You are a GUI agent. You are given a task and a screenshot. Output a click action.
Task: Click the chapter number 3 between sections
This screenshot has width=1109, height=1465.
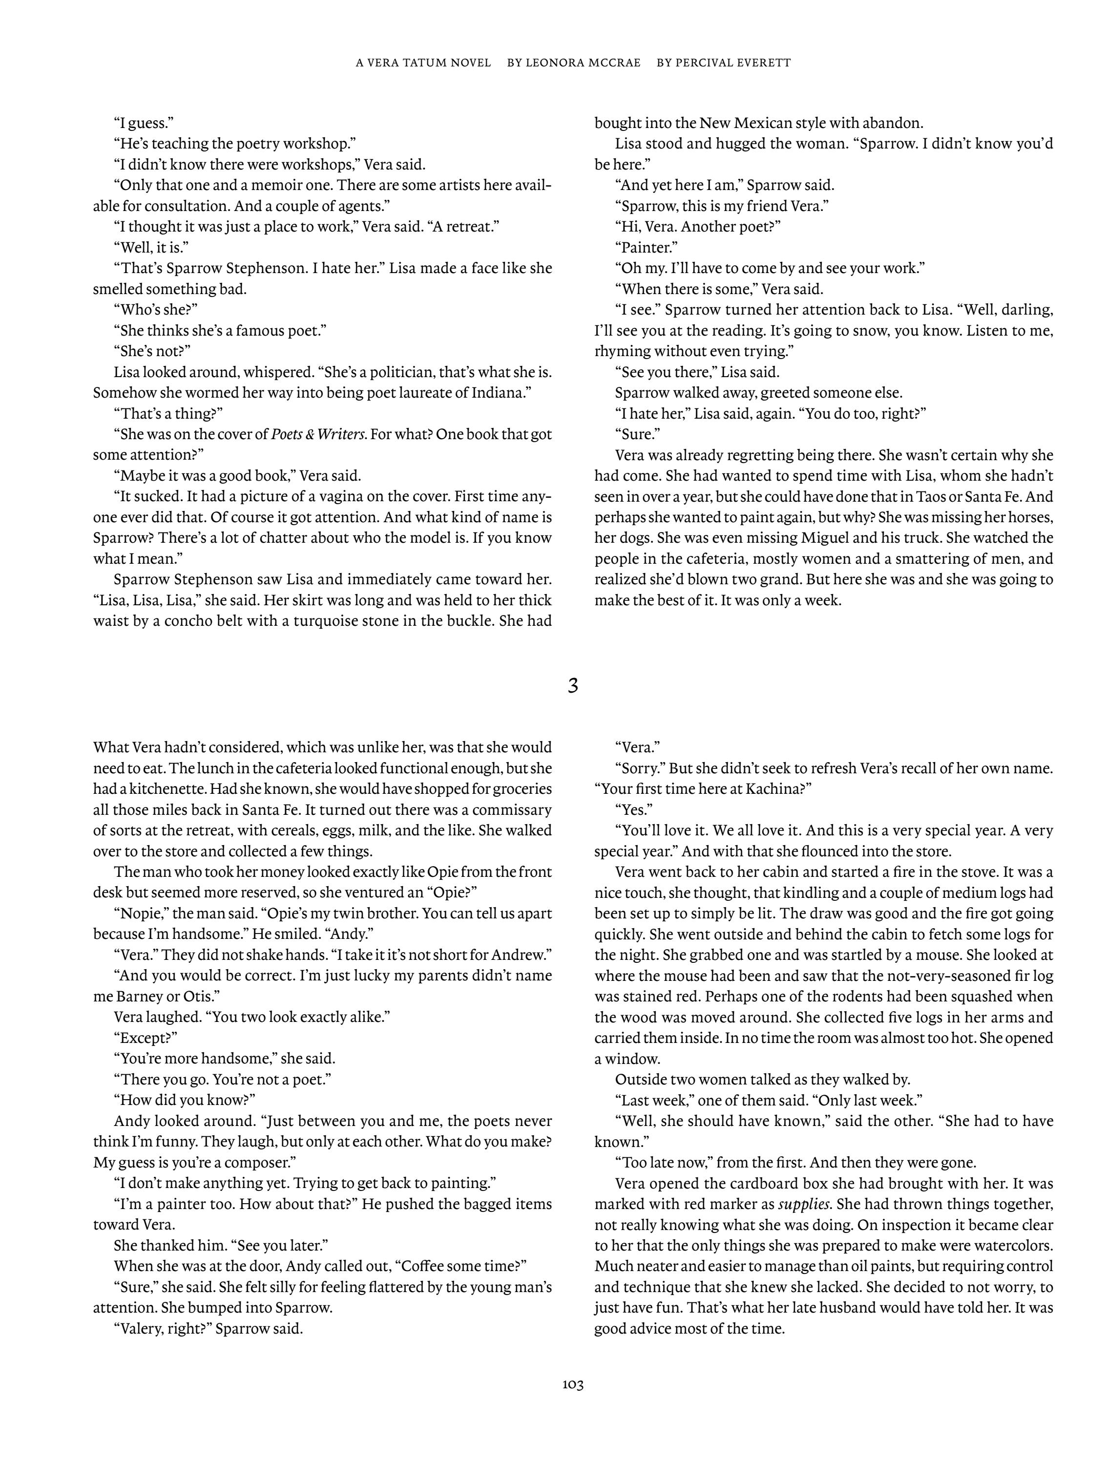[x=573, y=686]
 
